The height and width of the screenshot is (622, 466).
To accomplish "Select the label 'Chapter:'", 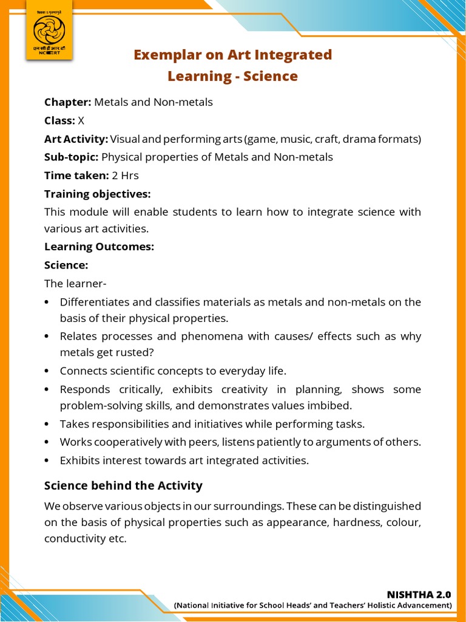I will click(68, 102).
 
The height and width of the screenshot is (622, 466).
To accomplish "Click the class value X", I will click(81, 120).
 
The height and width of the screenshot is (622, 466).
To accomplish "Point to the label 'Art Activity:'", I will click(76, 139).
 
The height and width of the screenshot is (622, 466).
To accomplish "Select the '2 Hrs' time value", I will click(126, 176).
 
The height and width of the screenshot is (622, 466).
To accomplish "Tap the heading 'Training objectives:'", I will click(97, 194).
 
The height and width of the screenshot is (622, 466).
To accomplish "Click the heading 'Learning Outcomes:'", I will click(100, 247).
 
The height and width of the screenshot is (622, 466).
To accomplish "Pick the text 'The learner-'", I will click(70, 284).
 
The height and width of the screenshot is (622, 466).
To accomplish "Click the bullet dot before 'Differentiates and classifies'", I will click(47, 302).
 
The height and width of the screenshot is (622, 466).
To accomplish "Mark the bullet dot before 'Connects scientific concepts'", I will click(47, 371).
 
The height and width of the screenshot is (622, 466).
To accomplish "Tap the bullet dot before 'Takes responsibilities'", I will click(47, 424).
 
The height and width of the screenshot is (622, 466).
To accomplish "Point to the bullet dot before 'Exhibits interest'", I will click(47, 460).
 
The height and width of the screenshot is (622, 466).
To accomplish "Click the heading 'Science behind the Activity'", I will click(123, 486).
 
